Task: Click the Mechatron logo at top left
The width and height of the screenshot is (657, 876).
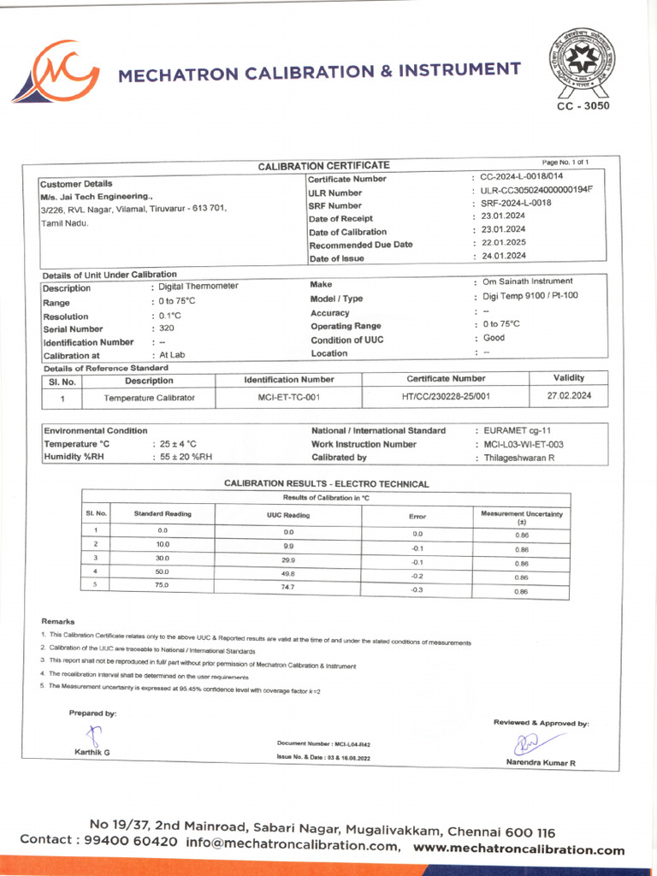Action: coord(56,72)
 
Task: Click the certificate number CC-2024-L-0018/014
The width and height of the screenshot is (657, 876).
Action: coord(521,176)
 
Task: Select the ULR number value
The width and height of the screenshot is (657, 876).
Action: coord(536,190)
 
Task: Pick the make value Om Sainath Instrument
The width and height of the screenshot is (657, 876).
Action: coord(528,281)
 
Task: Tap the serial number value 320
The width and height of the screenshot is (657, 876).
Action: coord(167,328)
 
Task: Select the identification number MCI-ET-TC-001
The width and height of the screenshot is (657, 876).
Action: coord(289,398)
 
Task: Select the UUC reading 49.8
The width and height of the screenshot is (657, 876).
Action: coord(288,573)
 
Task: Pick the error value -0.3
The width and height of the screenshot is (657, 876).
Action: coord(417,590)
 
